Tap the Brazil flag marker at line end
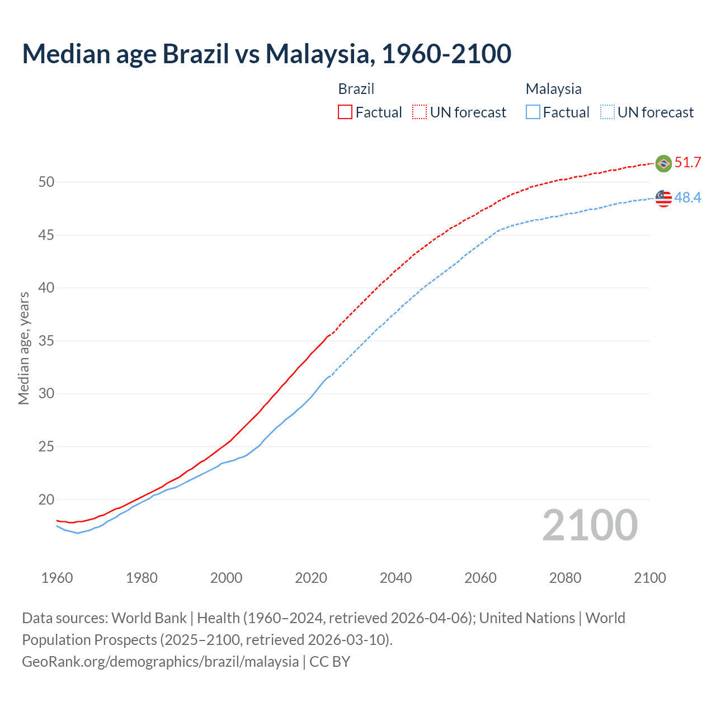663,163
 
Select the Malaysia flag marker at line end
663,198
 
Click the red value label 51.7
687,163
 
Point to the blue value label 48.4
687,197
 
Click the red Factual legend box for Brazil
345,112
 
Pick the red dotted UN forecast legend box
420,112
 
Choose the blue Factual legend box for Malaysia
533,112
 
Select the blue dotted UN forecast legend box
607,112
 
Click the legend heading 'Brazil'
356,89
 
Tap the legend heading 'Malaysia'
553,89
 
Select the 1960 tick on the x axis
57,578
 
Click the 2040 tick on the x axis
395,578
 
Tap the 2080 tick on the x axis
565,578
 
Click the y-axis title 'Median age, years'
23,348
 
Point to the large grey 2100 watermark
590,525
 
